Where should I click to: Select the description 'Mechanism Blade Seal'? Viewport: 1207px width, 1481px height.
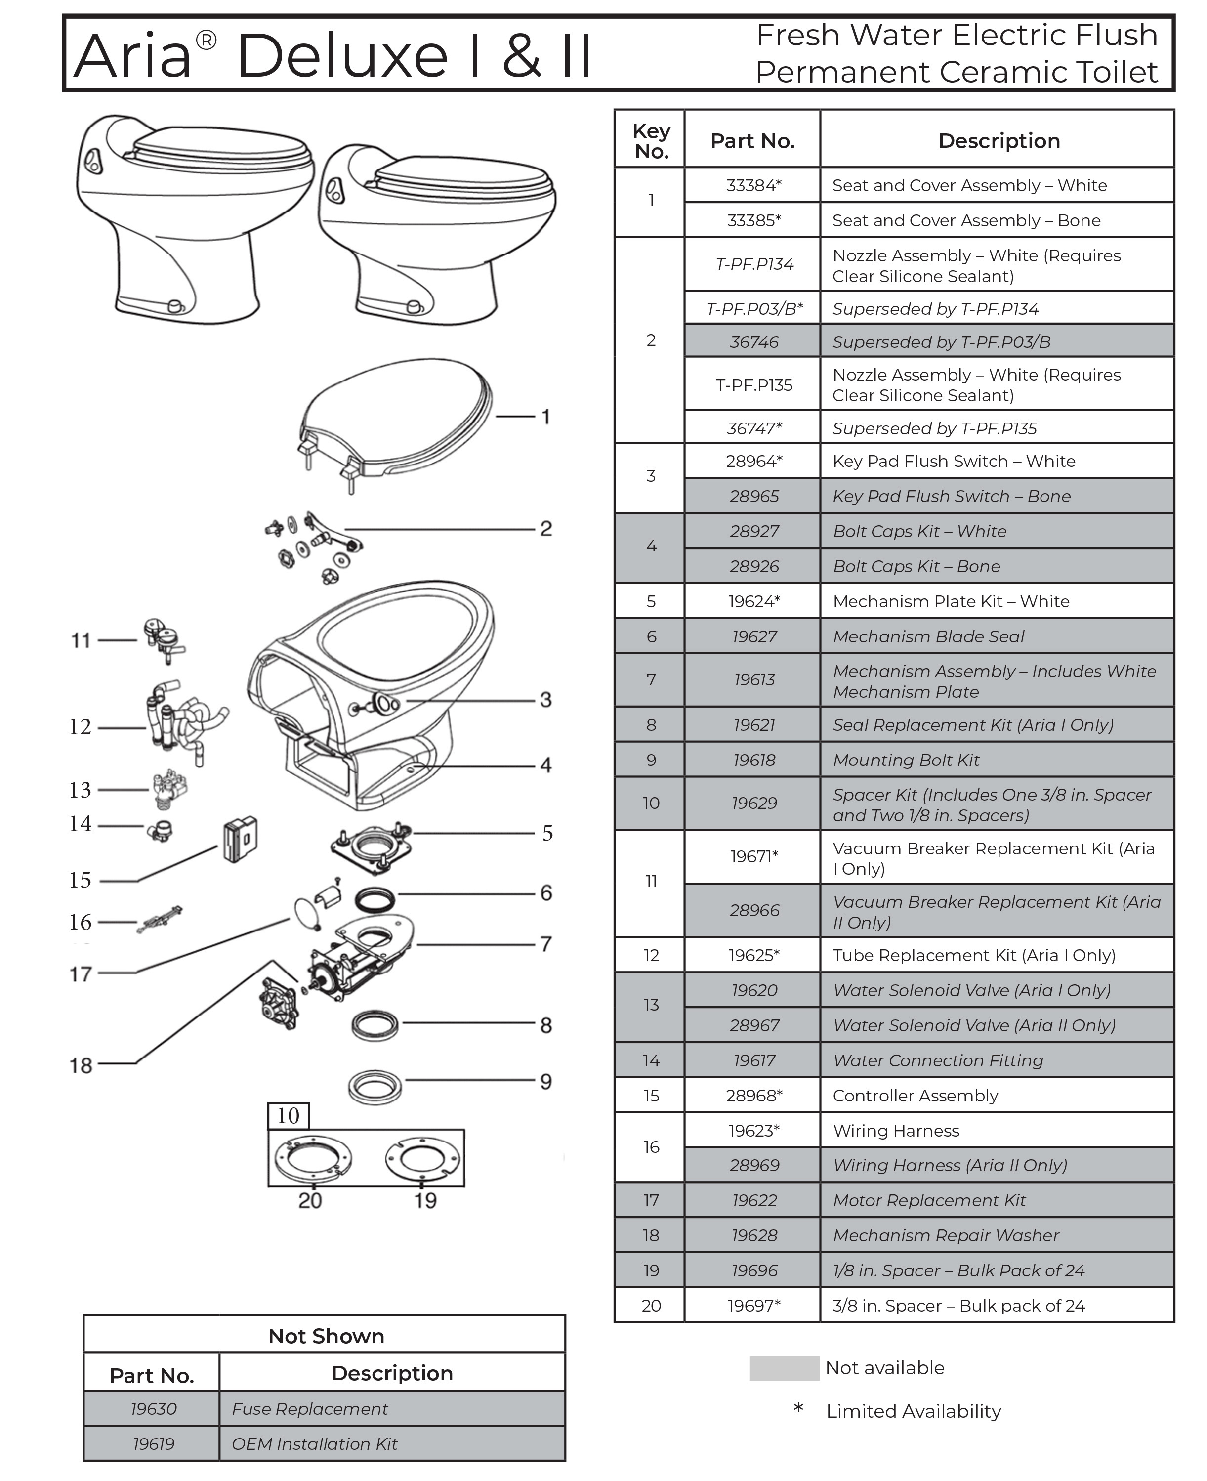click(x=928, y=636)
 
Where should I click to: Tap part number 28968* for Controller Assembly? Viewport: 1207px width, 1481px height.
click(x=753, y=1095)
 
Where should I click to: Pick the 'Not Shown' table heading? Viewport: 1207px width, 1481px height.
click(x=326, y=1336)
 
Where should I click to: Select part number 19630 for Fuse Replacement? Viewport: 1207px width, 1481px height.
click(x=153, y=1409)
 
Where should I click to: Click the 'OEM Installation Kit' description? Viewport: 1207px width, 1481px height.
click(x=314, y=1443)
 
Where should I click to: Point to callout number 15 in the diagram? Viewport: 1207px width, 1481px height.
click(x=80, y=880)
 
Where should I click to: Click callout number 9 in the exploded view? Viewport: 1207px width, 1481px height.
click(x=546, y=1081)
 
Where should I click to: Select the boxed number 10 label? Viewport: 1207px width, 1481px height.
click(x=288, y=1116)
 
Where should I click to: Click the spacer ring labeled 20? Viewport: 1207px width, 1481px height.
click(x=314, y=1158)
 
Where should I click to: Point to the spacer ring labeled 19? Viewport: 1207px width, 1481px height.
click(x=421, y=1158)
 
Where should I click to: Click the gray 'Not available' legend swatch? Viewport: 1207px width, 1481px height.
click(x=784, y=1368)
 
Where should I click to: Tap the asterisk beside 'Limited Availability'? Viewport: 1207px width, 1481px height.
click(x=798, y=1408)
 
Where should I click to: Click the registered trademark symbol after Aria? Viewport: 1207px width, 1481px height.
click(x=206, y=41)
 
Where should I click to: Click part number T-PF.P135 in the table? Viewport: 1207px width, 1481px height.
click(x=753, y=384)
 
